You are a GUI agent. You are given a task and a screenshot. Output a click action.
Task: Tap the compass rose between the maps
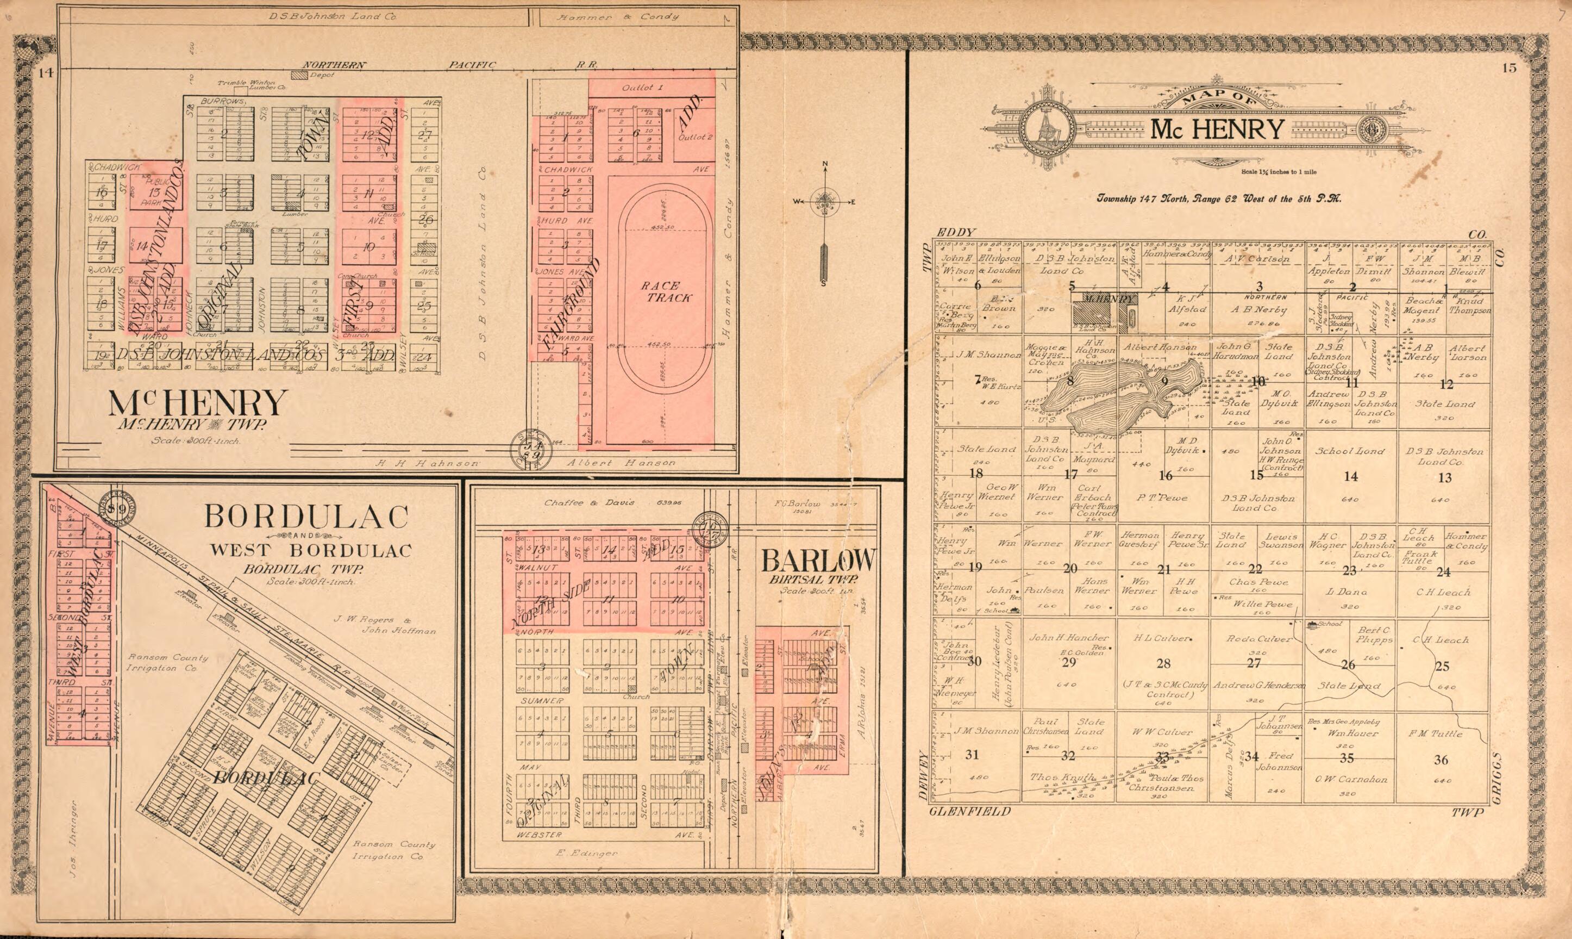(x=824, y=202)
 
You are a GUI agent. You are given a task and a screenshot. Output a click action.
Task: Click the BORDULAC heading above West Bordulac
(x=306, y=517)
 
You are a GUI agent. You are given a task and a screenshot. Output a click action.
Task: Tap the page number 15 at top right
(x=1509, y=69)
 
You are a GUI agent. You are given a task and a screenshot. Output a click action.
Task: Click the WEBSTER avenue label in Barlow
(x=540, y=835)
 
